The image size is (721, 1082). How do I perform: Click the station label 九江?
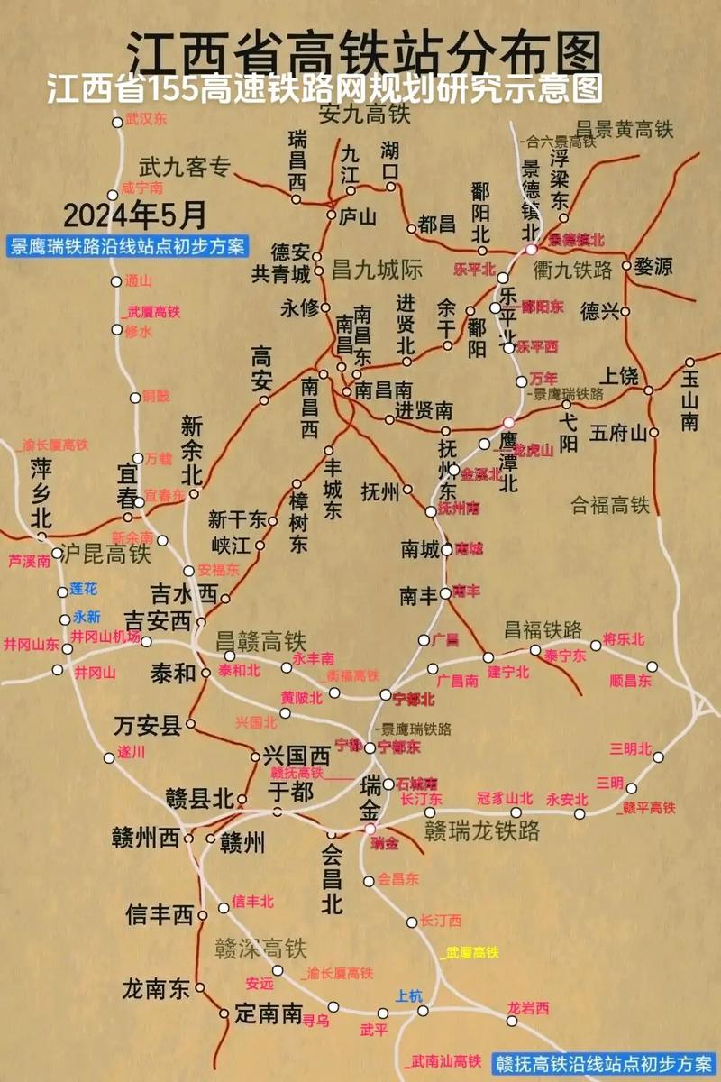click(349, 162)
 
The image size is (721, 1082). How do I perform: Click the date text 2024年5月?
click(135, 215)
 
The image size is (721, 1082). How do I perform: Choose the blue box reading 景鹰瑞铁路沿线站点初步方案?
click(126, 246)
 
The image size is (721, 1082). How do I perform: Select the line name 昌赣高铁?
click(260, 641)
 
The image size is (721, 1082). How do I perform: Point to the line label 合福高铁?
click(609, 505)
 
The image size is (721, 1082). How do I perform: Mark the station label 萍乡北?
click(41, 492)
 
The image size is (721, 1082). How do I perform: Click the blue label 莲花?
click(83, 589)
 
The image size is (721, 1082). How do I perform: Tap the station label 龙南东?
click(156, 988)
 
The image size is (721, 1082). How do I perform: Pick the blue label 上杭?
click(408, 995)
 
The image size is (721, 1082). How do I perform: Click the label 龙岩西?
click(528, 1008)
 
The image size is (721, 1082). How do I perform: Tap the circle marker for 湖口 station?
click(391, 187)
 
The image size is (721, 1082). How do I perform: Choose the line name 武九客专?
click(185, 167)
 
